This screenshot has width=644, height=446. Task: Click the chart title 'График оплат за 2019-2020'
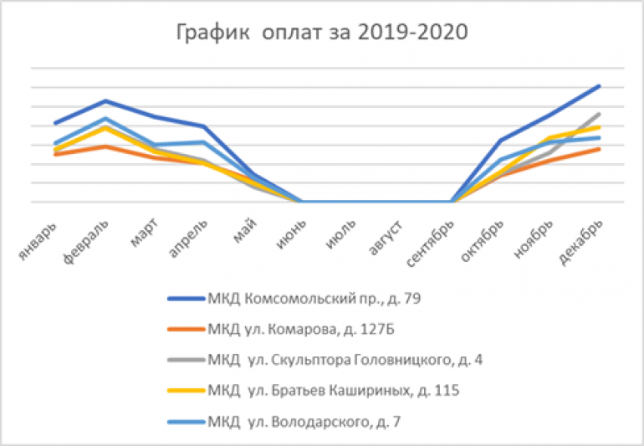tap(322, 34)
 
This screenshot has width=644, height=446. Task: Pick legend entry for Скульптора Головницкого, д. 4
tap(335, 359)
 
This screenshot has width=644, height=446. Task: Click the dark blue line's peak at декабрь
tap(600, 86)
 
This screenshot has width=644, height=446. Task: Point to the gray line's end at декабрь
tap(600, 114)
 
